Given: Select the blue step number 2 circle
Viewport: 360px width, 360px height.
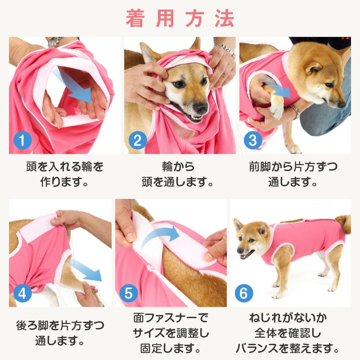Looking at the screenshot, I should tap(137, 140).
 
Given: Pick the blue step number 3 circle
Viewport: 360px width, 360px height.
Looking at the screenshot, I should tap(252, 140).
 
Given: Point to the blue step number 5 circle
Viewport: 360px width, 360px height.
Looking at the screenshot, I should tap(128, 293).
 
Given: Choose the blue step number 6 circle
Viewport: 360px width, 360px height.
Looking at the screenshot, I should tap(243, 293).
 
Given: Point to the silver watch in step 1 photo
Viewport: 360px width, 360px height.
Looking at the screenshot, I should tap(54, 42).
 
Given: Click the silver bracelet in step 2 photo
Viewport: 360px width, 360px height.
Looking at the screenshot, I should tap(225, 49).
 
